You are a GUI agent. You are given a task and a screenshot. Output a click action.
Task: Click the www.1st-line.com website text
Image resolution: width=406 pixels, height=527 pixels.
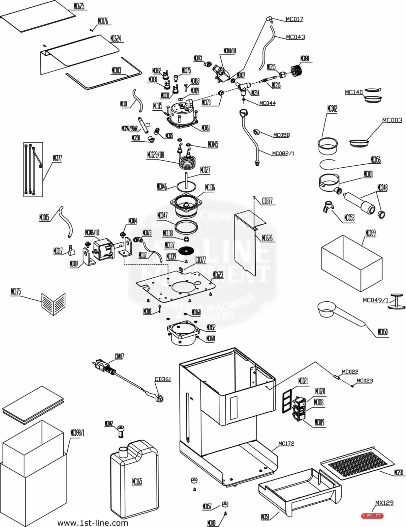93,523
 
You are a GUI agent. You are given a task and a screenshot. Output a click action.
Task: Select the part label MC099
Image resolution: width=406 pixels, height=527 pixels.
370,233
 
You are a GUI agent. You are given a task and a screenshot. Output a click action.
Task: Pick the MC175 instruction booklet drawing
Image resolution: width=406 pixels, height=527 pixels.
53,303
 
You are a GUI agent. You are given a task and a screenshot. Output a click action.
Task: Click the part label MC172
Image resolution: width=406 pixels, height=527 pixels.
286,444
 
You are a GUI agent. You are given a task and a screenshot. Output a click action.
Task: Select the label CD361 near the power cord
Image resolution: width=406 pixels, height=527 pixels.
163,379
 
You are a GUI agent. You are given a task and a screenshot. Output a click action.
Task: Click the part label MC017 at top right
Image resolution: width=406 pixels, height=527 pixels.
294,19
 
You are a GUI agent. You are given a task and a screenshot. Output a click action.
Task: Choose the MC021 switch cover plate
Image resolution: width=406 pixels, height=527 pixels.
287,401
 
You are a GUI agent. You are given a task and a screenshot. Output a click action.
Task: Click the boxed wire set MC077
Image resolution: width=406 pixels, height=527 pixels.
33,169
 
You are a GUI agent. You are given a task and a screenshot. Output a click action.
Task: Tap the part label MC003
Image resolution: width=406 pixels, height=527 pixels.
392,120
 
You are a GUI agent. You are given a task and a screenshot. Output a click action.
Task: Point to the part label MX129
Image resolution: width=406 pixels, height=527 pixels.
384,503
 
